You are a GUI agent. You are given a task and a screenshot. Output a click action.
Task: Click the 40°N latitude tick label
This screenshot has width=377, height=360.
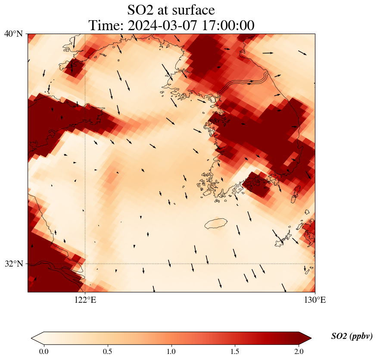[x=13, y=34]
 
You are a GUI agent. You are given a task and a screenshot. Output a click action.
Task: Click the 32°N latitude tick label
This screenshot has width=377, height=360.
[x=13, y=264]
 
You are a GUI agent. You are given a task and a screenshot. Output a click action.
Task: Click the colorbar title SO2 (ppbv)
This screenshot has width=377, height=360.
[x=352, y=336]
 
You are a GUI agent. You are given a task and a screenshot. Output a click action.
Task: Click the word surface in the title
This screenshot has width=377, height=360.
[x=191, y=9]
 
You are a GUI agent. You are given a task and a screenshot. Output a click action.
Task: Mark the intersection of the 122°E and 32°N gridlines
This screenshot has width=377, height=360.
[x=85, y=264]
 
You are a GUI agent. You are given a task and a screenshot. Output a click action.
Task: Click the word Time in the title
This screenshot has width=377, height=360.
[x=103, y=25]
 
